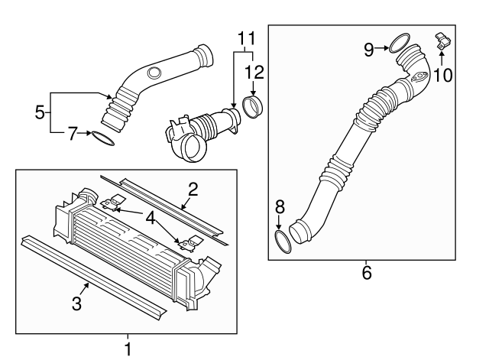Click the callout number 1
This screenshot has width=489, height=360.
coord(128,349)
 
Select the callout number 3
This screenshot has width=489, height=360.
coord(76,303)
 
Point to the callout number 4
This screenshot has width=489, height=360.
coord(151,219)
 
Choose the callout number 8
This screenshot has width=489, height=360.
coord(279,206)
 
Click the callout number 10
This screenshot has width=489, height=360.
coord(443,74)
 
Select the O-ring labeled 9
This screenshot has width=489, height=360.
coord(399,44)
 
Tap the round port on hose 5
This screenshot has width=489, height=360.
coord(154,74)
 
